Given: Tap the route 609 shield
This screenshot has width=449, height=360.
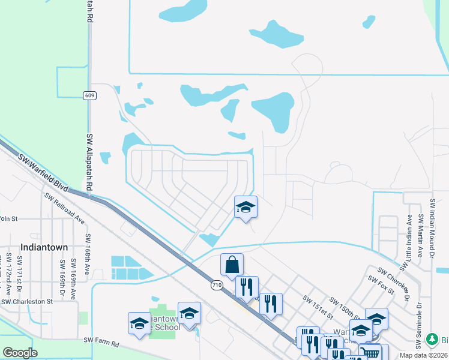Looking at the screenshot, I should point(89,95).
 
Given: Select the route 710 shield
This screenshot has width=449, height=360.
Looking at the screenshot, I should point(217,286).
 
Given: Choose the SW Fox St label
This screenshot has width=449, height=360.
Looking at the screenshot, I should point(382,285).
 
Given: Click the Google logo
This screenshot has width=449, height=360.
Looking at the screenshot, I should point(21,353).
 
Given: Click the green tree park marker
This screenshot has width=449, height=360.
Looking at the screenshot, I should point(430,340).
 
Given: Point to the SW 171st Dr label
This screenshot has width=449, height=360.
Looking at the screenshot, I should point(20,267).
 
